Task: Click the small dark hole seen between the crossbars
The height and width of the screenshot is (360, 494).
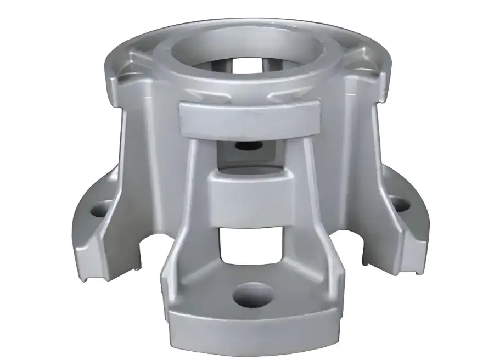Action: [x=242, y=147]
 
